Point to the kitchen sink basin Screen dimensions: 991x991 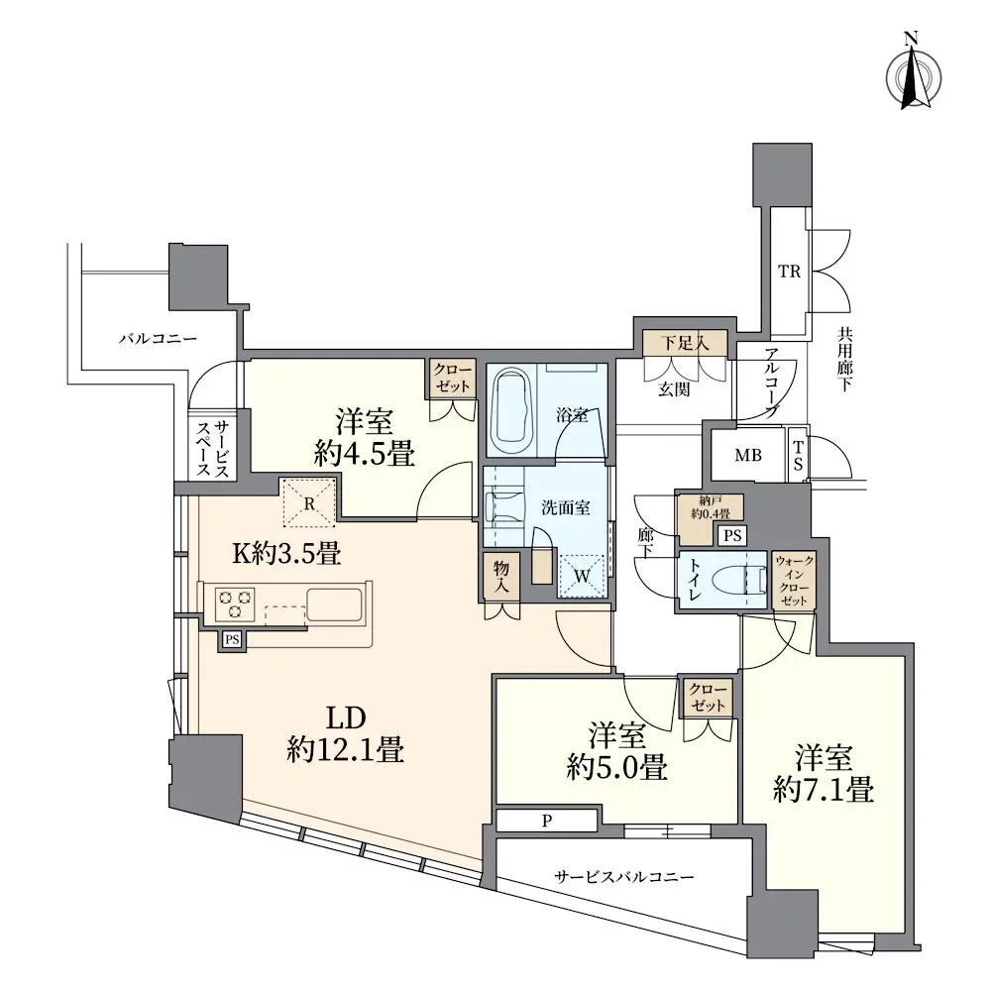tap(334, 606)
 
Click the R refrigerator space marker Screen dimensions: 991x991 tap(309, 503)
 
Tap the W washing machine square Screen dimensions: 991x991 tap(582, 576)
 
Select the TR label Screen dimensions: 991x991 tap(789, 272)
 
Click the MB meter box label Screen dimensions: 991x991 tap(747, 455)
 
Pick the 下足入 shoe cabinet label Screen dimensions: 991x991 tap(685, 343)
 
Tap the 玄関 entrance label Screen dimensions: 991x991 tap(674, 389)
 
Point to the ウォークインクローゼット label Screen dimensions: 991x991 tap(794, 581)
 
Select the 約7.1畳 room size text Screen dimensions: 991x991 tap(824, 790)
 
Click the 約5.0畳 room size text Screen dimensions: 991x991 tap(616, 768)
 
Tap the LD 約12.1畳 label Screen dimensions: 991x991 tap(345, 734)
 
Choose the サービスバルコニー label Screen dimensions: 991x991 tap(623, 877)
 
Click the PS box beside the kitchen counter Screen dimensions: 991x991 tap(232, 639)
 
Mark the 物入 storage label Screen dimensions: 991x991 tap(500, 577)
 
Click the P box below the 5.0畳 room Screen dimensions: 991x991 tap(547, 821)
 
